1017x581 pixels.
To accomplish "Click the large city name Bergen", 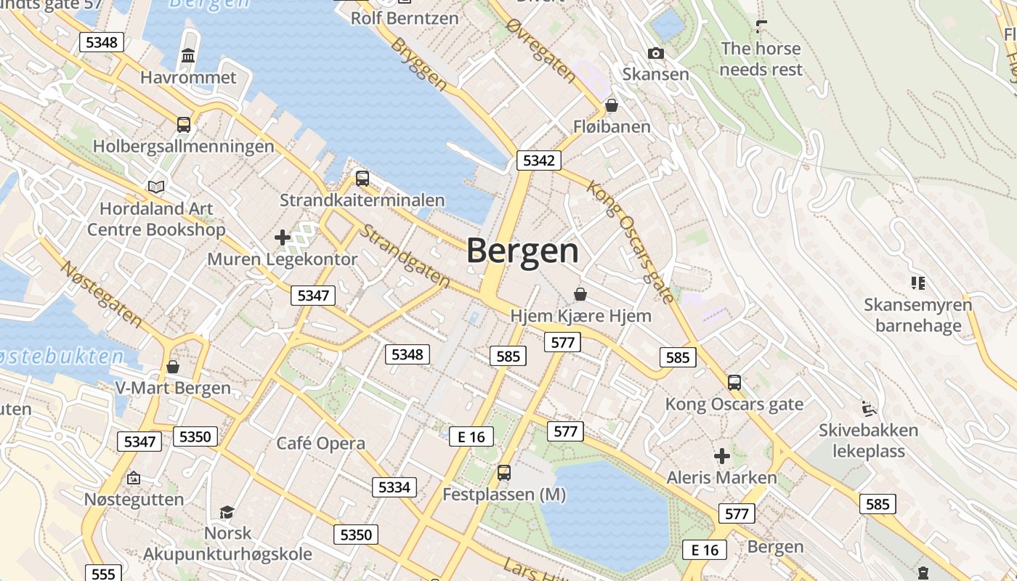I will [522, 251].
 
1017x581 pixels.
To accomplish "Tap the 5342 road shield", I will [539, 161].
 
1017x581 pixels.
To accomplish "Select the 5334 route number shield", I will [394, 487].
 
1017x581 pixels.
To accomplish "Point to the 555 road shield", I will [104, 574].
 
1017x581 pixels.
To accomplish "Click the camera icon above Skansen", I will [655, 53].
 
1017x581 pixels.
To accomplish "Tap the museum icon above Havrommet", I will [189, 55].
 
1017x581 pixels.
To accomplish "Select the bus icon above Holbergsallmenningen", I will [184, 124].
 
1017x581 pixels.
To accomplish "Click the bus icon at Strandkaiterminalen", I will [362, 178].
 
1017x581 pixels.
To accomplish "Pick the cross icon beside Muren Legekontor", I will [283, 237].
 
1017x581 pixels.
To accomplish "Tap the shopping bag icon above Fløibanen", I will [612, 105].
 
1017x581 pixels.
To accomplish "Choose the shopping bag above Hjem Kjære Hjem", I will [580, 294].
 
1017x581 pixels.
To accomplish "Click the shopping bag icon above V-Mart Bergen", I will [173, 367].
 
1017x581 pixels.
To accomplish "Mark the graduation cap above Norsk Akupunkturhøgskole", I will [227, 512].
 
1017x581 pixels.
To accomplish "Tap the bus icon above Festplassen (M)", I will [504, 473].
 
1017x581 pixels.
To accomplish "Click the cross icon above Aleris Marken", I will [722, 456].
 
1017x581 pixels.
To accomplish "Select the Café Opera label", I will [321, 443].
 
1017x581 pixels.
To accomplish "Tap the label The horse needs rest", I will [761, 60].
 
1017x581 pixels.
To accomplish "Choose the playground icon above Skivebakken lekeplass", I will [869, 409].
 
